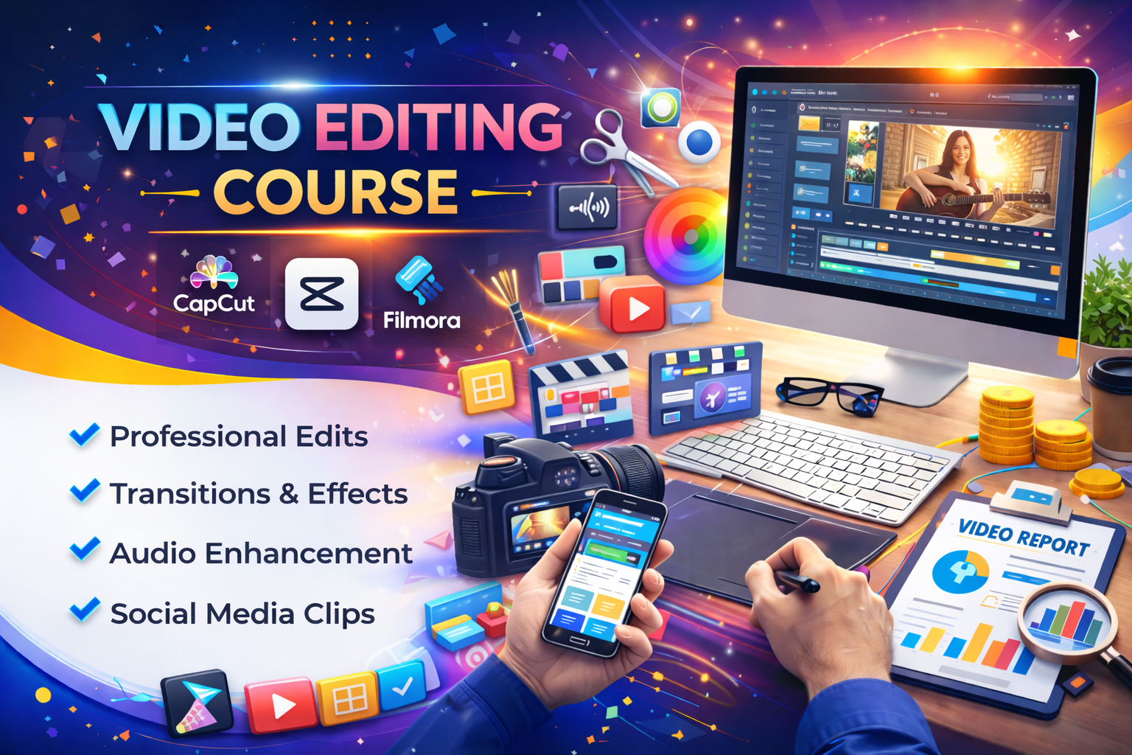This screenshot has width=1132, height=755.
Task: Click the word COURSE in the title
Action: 335,192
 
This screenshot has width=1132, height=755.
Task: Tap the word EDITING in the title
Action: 439,127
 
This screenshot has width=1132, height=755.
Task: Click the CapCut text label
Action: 214,303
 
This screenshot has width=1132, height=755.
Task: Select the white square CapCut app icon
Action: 321,293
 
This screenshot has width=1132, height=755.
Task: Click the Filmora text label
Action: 422,320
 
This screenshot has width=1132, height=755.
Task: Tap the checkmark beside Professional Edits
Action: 85,434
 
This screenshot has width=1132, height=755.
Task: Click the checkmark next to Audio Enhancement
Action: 85,549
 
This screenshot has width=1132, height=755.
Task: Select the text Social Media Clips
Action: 242,613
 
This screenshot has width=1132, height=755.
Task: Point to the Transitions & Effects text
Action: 258,494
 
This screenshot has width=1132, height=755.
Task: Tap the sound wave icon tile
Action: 587,208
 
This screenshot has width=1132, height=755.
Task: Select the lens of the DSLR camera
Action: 634,472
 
